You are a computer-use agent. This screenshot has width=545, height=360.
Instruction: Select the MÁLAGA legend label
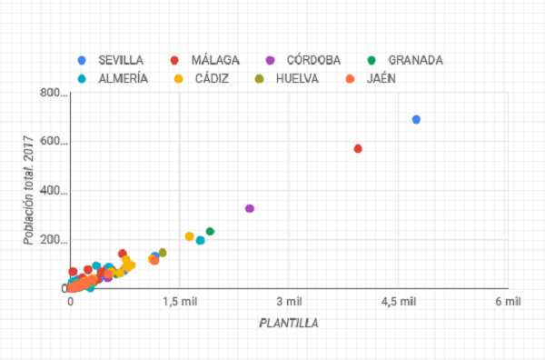[x=215, y=60]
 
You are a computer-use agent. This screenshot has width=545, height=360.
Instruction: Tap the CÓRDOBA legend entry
[x=313, y=60]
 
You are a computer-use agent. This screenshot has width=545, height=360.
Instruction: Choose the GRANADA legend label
[x=415, y=60]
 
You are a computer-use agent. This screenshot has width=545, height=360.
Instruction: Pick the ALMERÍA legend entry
[x=123, y=78]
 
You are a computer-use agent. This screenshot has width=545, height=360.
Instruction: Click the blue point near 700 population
[x=416, y=119]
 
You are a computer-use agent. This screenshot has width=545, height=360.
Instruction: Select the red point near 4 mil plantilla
[x=358, y=148]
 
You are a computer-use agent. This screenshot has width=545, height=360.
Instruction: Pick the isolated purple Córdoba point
[x=250, y=208]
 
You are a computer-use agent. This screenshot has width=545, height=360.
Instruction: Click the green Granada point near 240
[x=210, y=231]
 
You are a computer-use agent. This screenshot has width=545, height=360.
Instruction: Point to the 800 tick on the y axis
[x=54, y=94]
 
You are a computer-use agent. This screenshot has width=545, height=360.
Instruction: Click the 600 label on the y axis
[x=54, y=143]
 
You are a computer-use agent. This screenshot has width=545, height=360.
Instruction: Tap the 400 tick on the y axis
[x=54, y=192]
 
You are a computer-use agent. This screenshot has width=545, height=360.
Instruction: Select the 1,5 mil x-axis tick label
[x=180, y=302]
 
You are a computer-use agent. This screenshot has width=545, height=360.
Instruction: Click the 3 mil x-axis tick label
[x=289, y=302]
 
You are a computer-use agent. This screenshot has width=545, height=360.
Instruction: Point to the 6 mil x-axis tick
[x=507, y=302]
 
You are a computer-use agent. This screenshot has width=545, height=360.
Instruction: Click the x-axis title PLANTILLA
[x=289, y=322]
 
